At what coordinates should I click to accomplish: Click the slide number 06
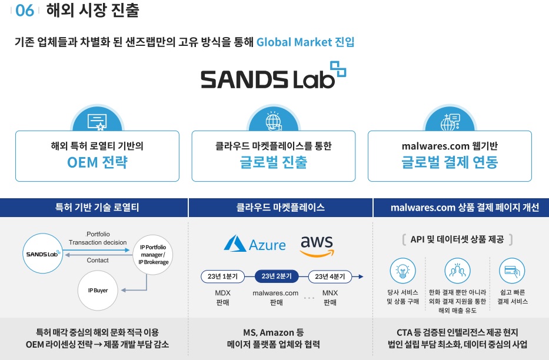pos(25,11)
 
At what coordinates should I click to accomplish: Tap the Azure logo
pos(255,244)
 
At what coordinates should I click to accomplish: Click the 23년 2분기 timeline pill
pos(277,276)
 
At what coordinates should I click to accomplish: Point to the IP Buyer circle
pos(102,290)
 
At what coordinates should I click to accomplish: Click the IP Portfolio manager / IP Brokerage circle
pos(153,254)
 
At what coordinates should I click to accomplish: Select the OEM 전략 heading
pos(97,162)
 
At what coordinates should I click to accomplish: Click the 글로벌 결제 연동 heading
pos(450,162)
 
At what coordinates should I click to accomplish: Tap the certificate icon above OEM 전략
pos(97,122)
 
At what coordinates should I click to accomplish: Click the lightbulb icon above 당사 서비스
pos(402,271)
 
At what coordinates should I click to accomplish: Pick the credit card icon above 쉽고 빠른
pos(511,271)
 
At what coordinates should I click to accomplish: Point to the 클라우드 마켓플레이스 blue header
pos(280,208)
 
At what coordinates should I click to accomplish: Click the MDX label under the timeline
pos(222,293)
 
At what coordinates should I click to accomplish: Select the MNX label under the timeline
pos(330,293)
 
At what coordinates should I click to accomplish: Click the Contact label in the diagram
pos(98,260)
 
